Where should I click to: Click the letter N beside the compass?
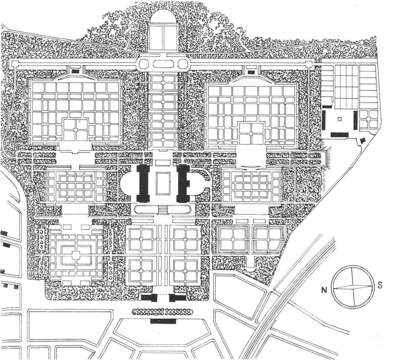[324, 290]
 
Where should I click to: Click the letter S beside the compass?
[380, 285]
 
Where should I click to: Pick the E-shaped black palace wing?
[184, 184]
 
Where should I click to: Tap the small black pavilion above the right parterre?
[251, 72]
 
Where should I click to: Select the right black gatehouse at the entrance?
[178, 298]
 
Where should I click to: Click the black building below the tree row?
[163, 321]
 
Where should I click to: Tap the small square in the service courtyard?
[340, 119]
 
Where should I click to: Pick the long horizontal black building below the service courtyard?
[339, 135]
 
